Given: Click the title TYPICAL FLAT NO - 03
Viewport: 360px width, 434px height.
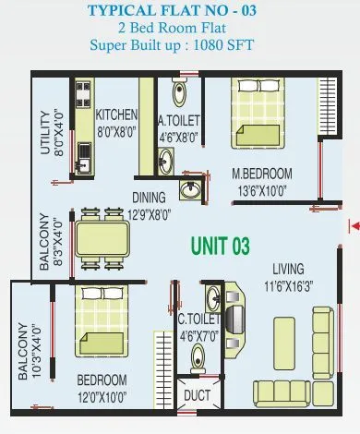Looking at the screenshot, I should pos(180,11).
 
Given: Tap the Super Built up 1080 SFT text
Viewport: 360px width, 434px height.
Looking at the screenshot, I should pos(179,45).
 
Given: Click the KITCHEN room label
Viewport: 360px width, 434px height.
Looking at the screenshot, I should pos(116,115).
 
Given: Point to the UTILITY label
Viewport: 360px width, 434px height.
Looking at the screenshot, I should pos(42,133).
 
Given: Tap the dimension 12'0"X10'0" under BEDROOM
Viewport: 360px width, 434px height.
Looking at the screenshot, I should pos(102,393).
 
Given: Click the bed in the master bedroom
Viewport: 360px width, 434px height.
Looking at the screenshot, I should pos(261,115).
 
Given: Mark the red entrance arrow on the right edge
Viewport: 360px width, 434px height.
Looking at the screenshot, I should pos(354,224).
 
